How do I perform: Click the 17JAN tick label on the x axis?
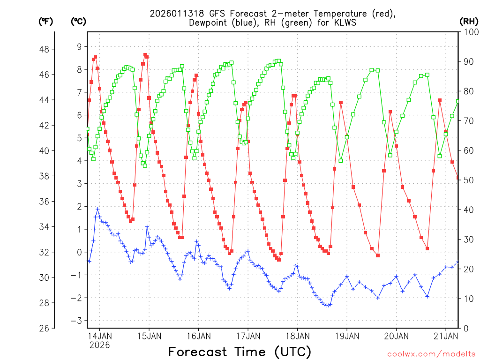point(247,336)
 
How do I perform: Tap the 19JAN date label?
point(346,336)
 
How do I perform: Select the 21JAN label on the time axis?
point(445,336)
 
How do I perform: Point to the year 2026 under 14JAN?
point(99,345)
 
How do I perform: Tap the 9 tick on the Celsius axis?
point(79,46)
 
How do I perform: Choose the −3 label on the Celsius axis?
point(77,321)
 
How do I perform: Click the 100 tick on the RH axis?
point(470,32)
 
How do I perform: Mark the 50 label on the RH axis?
point(468,180)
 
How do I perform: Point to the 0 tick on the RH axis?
point(466,328)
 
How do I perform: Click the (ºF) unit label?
point(45,21)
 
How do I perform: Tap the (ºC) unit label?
point(79,21)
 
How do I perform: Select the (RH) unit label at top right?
point(469,21)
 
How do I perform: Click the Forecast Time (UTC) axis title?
point(240,352)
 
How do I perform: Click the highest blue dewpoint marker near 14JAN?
point(97,209)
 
